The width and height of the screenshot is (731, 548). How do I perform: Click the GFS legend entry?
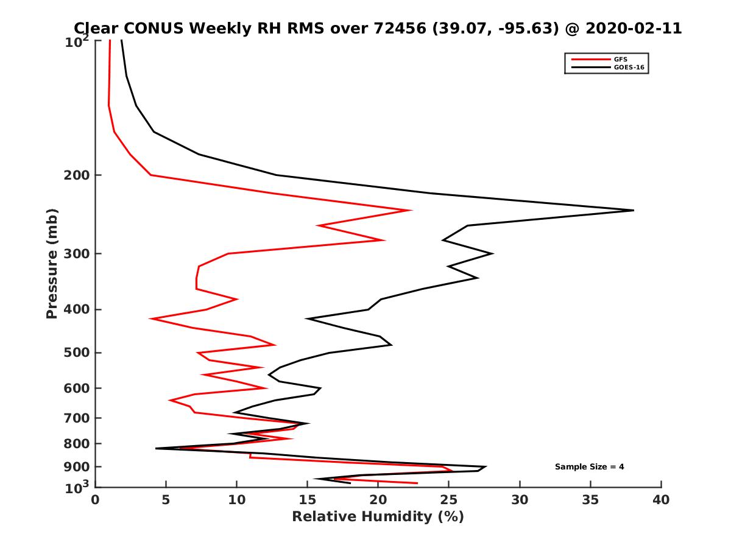pyautogui.click(x=621, y=59)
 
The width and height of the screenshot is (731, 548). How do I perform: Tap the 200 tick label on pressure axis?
pyautogui.click(x=79, y=175)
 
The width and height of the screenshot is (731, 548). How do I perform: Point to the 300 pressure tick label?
pyautogui.click(x=79, y=254)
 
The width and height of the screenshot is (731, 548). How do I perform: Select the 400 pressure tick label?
pyautogui.click(x=79, y=309)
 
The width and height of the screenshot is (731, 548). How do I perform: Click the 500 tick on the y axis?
pyautogui.click(x=79, y=353)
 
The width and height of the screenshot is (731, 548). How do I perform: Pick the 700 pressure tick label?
pyautogui.click(x=79, y=418)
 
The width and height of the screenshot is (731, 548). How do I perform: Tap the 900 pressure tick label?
pyautogui.click(x=79, y=467)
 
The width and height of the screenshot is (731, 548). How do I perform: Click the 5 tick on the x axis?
pyautogui.click(x=166, y=500)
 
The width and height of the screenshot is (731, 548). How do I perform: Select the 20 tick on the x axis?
pyautogui.click(x=378, y=500)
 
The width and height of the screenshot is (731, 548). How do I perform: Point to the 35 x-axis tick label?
pyautogui.click(x=590, y=500)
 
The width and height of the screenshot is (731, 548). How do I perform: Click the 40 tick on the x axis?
pyautogui.click(x=661, y=500)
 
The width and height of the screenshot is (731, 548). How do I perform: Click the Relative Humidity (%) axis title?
pyautogui.click(x=378, y=517)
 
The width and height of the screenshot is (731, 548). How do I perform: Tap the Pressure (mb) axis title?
pyautogui.click(x=52, y=264)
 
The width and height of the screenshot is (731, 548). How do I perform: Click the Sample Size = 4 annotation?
pyautogui.click(x=589, y=467)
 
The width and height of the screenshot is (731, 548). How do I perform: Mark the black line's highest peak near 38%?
pyautogui.click(x=634, y=210)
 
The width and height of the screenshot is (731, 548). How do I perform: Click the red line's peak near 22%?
pyautogui.click(x=411, y=210)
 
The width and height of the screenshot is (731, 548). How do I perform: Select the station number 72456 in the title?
pyautogui.click(x=403, y=29)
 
